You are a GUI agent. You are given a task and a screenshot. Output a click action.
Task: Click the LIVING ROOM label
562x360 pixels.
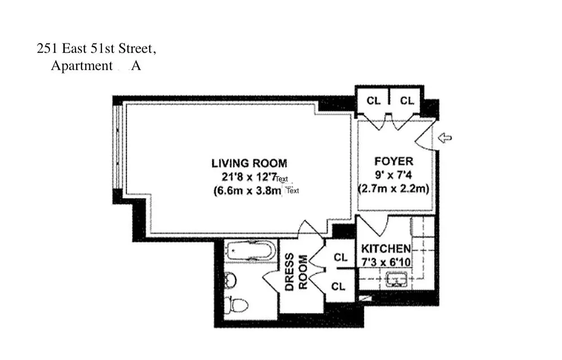(249, 163)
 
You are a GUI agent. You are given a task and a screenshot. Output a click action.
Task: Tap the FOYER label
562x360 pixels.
(394, 161)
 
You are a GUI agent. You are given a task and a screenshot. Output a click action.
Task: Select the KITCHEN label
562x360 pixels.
(386, 248)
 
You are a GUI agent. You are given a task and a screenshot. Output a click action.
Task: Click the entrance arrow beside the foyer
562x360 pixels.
(445, 139)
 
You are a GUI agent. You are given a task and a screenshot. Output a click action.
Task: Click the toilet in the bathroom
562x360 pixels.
(237, 306)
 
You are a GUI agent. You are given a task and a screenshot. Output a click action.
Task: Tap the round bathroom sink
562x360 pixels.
(230, 280)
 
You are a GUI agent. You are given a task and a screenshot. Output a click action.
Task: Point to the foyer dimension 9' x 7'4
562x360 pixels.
(393, 175)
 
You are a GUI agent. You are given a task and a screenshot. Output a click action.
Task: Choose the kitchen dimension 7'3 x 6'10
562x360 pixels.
(386, 261)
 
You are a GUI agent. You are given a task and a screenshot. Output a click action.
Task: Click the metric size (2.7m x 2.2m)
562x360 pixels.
(393, 189)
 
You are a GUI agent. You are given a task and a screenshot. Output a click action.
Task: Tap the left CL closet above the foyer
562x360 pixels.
(373, 101)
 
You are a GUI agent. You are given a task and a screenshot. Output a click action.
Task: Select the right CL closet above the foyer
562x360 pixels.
(407, 101)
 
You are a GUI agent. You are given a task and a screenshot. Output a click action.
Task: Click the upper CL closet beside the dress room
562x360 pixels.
(341, 257)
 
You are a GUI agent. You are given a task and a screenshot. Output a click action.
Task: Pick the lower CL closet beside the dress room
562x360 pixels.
(339, 286)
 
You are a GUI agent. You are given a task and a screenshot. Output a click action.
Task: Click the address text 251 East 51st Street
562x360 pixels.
(96, 49)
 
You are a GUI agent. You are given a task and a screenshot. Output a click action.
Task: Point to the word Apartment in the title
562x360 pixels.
(82, 66)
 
